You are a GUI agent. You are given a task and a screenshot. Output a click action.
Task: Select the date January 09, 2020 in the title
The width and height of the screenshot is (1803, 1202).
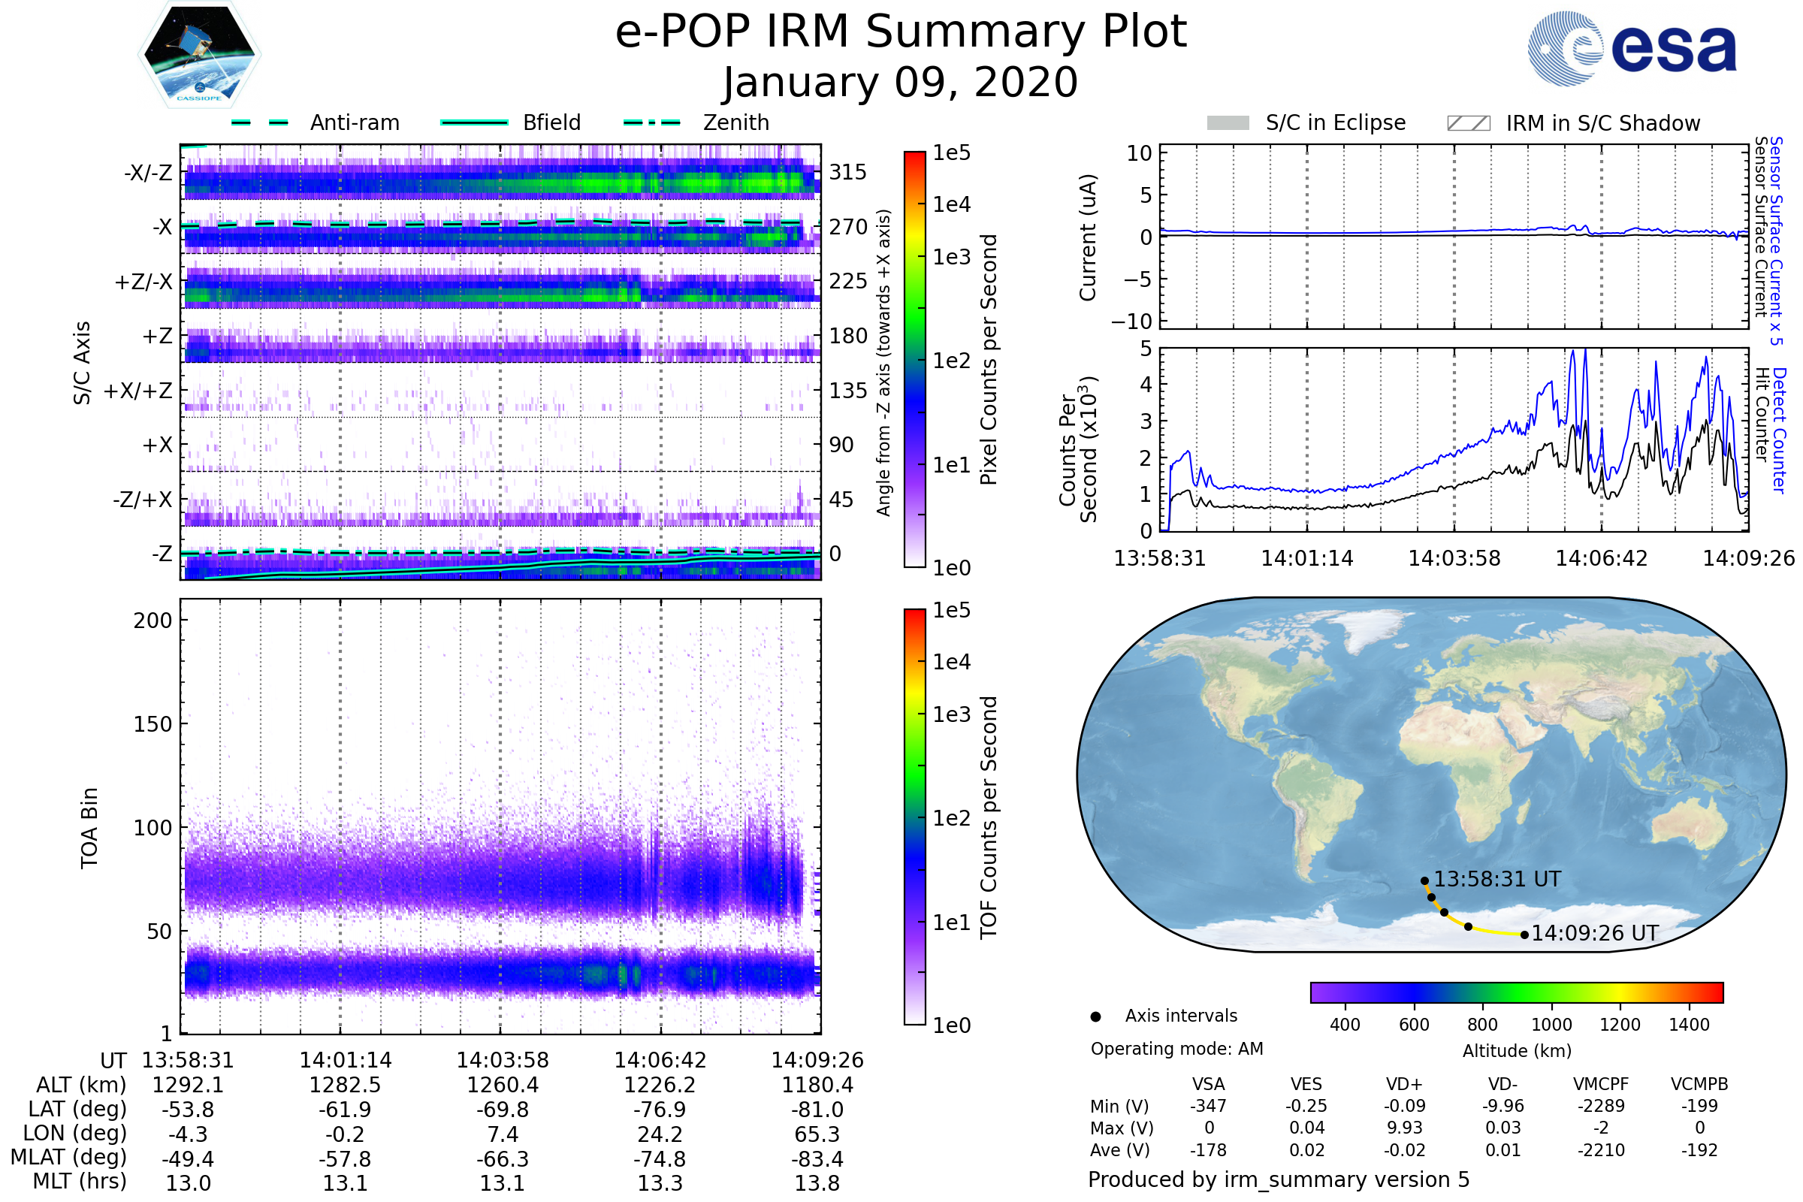901,83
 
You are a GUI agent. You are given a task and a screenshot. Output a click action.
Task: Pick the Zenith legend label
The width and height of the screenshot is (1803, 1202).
736,122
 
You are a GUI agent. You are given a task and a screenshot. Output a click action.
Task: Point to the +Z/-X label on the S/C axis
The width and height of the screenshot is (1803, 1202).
143,282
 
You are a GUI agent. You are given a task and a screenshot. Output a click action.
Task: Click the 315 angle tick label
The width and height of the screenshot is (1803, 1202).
847,173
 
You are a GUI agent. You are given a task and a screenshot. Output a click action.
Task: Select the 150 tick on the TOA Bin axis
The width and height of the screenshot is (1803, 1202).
153,724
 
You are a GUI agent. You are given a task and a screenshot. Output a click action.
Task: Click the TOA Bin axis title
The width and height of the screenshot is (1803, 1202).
89,828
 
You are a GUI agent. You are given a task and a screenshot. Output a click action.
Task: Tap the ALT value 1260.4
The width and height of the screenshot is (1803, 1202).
503,1086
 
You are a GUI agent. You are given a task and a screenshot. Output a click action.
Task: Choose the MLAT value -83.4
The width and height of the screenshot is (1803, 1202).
817,1159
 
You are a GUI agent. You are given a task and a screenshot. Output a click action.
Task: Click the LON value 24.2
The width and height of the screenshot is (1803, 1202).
660,1134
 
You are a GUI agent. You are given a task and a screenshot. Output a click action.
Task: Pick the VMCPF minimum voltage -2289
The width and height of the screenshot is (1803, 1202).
1601,1106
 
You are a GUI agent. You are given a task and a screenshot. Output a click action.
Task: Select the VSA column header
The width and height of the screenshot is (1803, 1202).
1208,1085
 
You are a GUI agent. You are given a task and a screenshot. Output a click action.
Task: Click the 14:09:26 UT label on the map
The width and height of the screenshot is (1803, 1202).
1594,934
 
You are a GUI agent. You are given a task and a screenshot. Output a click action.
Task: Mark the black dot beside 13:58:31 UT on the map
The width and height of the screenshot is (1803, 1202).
1424,881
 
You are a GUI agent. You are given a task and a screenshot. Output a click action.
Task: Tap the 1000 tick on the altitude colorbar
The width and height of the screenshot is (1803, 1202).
1551,1025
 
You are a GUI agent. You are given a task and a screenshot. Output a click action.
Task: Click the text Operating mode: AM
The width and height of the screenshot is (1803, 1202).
1176,1049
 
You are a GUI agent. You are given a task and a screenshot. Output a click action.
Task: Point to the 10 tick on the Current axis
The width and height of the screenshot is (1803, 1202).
1139,153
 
